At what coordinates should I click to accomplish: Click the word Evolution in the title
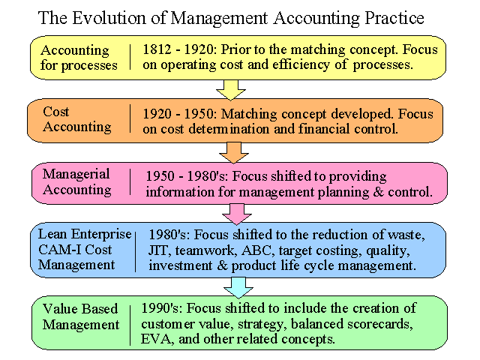108,18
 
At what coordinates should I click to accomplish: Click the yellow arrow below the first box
231,90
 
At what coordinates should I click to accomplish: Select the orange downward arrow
234,152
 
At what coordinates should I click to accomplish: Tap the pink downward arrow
237,214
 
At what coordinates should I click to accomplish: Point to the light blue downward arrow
238,287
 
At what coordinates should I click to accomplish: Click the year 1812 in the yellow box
157,49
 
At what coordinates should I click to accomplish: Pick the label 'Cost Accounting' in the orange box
76,119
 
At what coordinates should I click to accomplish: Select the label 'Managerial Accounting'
76,181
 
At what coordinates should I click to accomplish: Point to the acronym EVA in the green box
157,339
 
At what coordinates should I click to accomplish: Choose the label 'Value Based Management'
81,316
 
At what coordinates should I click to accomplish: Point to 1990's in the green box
162,308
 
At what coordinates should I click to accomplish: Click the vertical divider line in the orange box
130,118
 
